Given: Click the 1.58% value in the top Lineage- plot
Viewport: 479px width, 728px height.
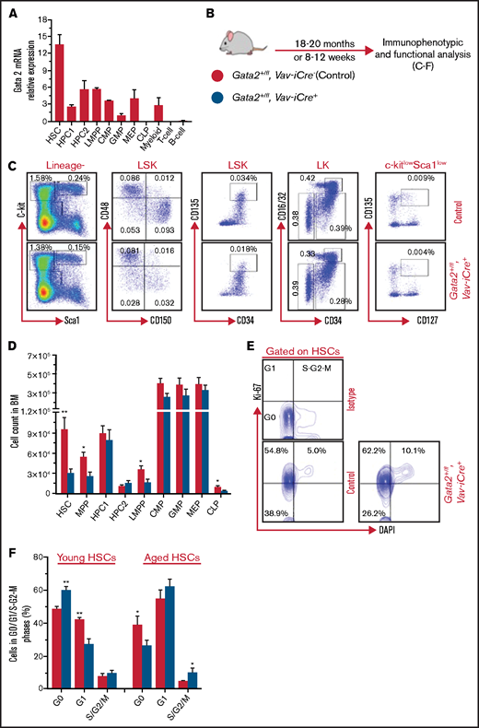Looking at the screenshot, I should (x=42, y=177).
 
